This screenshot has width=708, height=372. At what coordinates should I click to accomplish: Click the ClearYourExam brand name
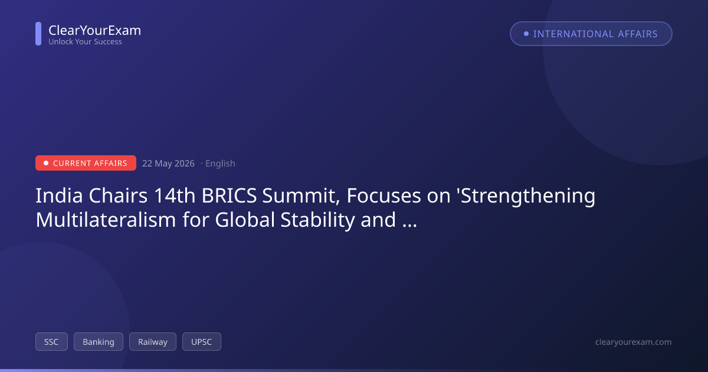pyautogui.click(x=95, y=30)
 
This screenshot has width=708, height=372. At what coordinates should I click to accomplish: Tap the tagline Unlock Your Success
pyautogui.click(x=85, y=42)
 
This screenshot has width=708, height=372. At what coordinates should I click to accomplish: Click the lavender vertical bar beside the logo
pyautogui.click(x=38, y=34)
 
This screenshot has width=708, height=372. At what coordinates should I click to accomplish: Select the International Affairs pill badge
pyautogui.click(x=591, y=34)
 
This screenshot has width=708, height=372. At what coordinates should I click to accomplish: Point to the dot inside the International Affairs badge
pyautogui.click(x=526, y=34)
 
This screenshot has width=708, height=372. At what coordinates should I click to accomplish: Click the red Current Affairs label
pyautogui.click(x=86, y=163)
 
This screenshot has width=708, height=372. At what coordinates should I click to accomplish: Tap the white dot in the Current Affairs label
pyautogui.click(x=46, y=163)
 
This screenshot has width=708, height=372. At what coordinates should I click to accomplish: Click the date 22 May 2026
pyautogui.click(x=168, y=163)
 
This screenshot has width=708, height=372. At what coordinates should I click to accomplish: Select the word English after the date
pyautogui.click(x=220, y=163)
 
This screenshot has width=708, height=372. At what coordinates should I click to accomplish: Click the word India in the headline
pyautogui.click(x=59, y=195)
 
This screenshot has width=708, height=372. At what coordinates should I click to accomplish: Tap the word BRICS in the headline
pyautogui.click(x=229, y=195)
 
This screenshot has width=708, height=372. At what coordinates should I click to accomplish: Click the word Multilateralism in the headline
pyautogui.click(x=106, y=220)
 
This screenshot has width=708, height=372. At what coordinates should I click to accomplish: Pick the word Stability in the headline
pyautogui.click(x=317, y=220)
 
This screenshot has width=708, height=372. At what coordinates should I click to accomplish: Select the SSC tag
pyautogui.click(x=51, y=342)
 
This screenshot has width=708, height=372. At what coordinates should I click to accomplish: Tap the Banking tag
pyautogui.click(x=99, y=342)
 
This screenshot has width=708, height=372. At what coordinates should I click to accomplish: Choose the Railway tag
pyautogui.click(x=153, y=342)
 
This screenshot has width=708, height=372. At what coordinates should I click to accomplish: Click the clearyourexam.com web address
pyautogui.click(x=634, y=342)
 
